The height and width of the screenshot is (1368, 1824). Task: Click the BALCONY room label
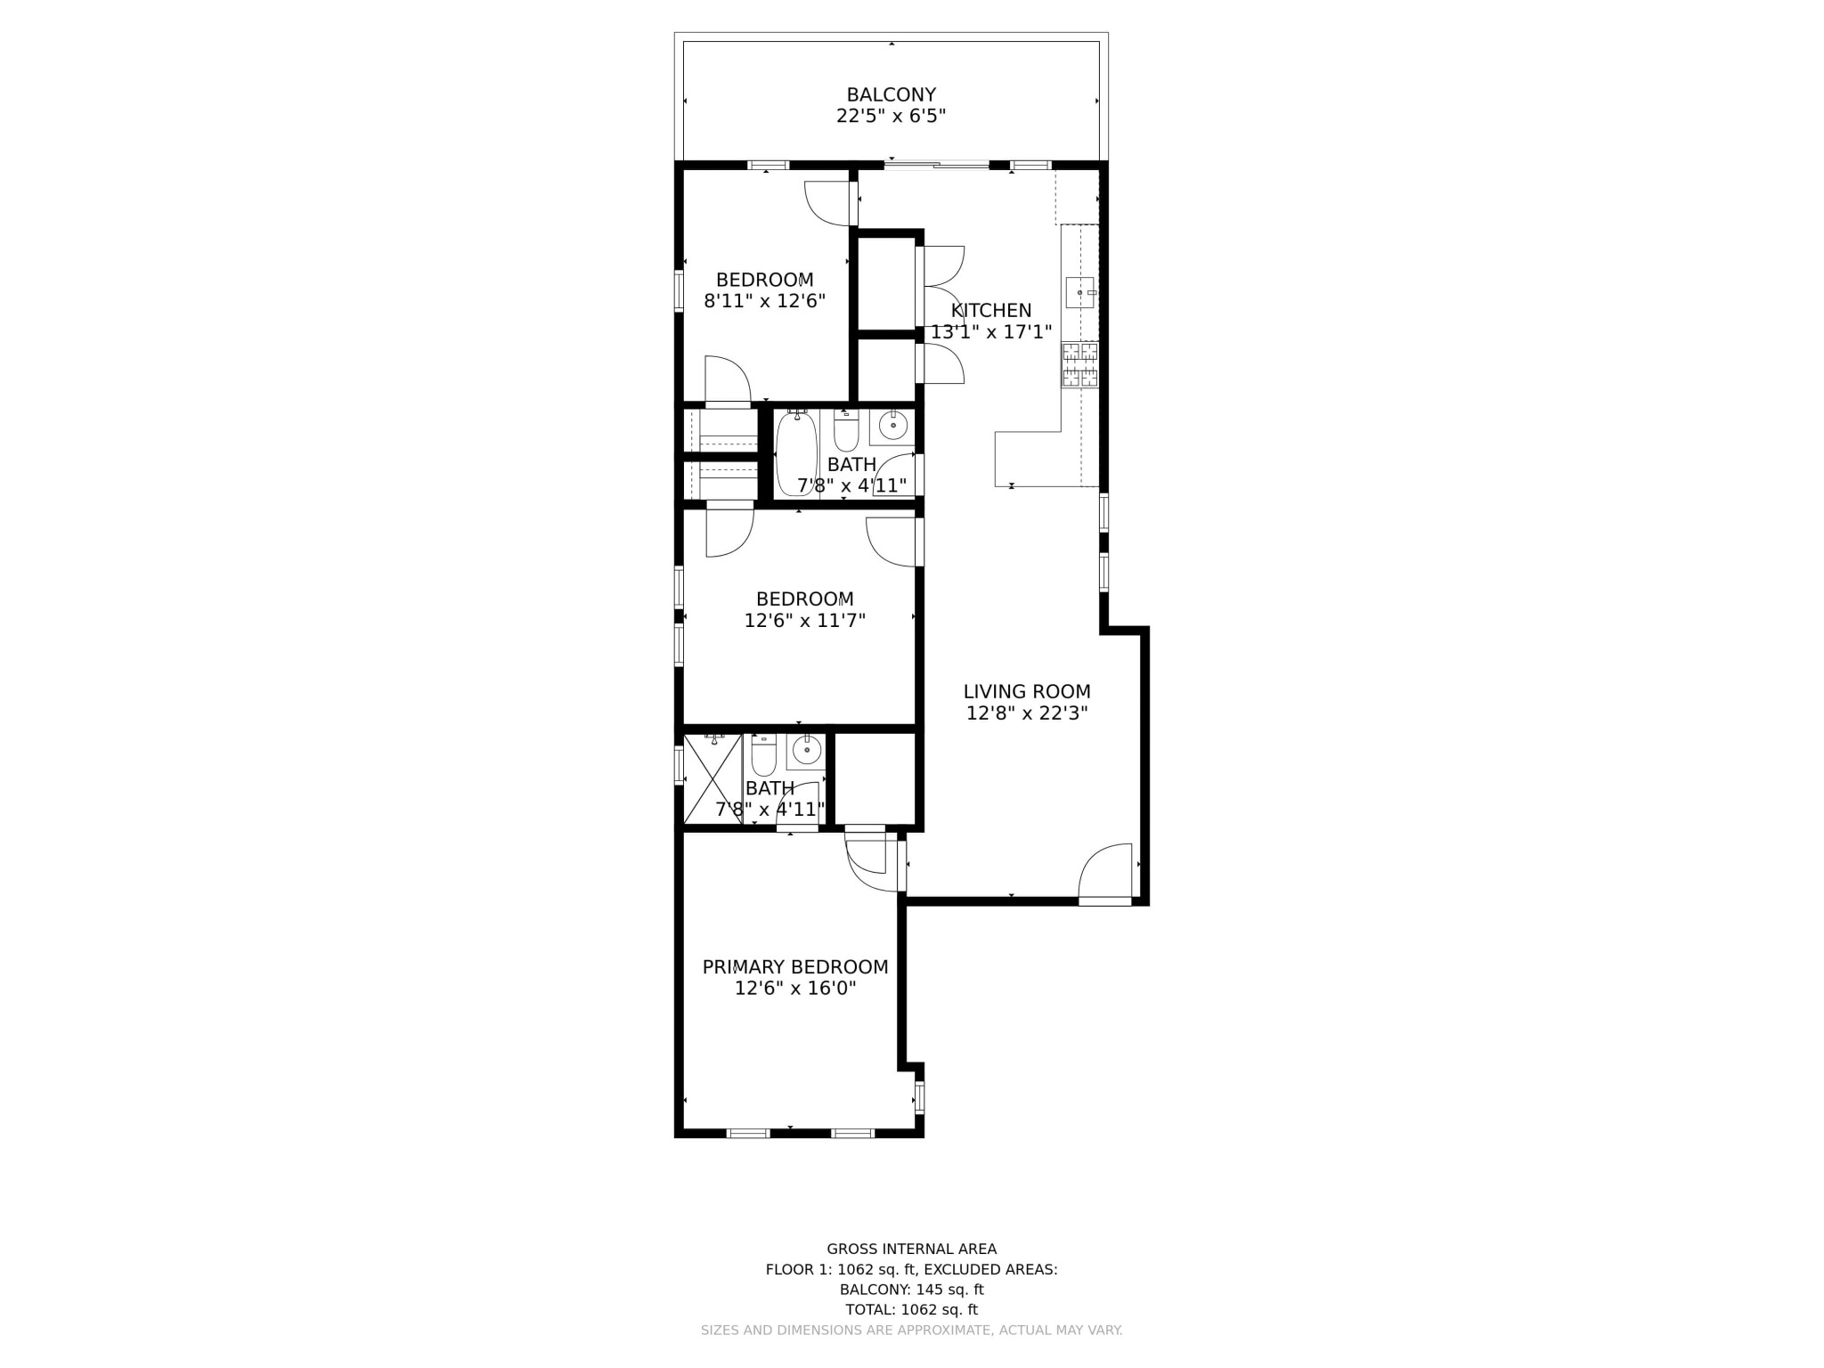click(x=891, y=94)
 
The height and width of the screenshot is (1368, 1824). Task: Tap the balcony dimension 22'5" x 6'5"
click(x=891, y=116)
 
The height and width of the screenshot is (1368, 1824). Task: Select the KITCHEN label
click(x=990, y=310)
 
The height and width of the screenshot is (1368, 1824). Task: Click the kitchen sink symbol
click(x=1080, y=292)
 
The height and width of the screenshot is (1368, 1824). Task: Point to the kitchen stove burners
click(x=1079, y=364)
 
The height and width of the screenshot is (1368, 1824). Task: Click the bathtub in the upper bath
click(x=795, y=453)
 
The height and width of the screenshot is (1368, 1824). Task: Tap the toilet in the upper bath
click(x=845, y=431)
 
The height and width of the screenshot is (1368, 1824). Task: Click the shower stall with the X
click(x=712, y=778)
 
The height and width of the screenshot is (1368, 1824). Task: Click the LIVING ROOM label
click(x=1027, y=691)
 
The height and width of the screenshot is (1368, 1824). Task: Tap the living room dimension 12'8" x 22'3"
click(x=1027, y=713)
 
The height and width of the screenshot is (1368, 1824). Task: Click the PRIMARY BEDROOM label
click(x=794, y=966)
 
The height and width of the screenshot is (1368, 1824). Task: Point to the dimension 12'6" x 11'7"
click(x=805, y=621)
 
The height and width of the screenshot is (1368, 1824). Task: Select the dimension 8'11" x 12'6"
click(x=765, y=301)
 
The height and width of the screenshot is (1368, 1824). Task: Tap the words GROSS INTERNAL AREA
click(x=911, y=1249)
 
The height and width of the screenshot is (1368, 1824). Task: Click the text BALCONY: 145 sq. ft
click(x=911, y=1290)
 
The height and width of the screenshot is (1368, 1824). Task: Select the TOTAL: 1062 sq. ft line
click(x=911, y=1309)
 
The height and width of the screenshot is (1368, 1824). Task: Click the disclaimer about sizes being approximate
click(x=911, y=1330)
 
